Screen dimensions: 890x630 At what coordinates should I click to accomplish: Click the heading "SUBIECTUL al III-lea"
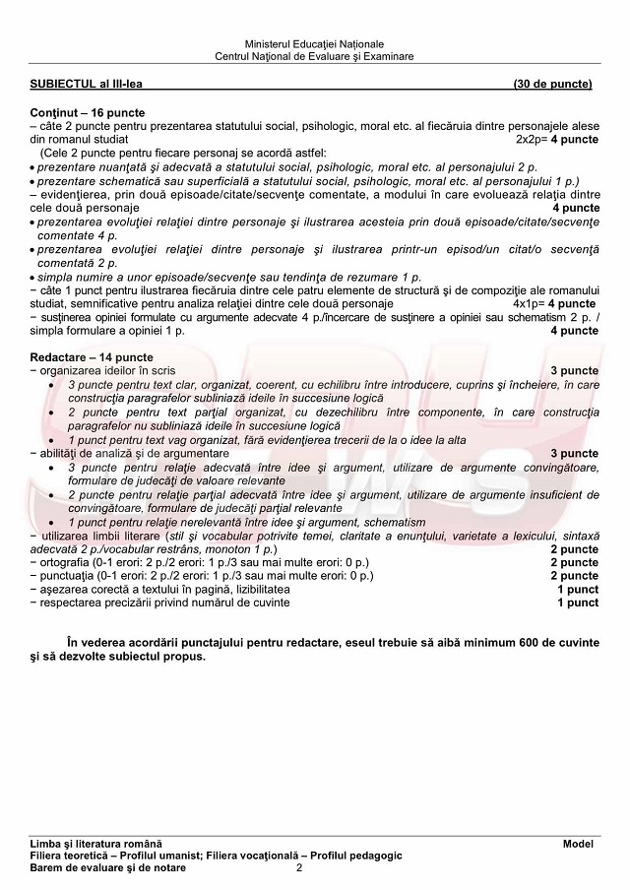pos(87,84)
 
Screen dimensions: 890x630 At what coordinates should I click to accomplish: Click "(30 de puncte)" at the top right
pos(552,84)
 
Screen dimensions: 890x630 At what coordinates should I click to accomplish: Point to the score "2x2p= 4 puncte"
pos(557,140)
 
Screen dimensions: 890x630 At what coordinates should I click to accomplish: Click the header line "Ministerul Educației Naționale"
pos(314,44)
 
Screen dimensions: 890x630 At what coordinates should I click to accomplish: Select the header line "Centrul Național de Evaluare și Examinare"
pos(314,56)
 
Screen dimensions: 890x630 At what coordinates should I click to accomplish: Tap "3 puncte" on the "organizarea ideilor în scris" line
pos(574,370)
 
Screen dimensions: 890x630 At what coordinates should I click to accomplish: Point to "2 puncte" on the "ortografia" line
pos(574,562)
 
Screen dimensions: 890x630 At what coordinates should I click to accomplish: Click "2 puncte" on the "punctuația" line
pos(574,575)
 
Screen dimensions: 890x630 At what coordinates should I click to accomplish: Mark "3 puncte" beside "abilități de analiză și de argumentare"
pos(574,453)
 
